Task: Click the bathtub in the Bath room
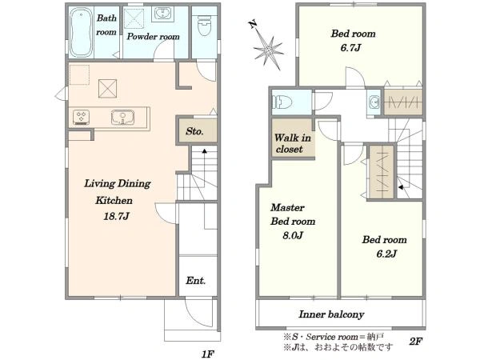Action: pyautogui.click(x=81, y=33)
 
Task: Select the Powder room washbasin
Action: pyautogui.click(x=163, y=14)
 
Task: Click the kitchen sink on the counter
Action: pyautogui.click(x=122, y=118)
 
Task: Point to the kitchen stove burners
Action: pyautogui.click(x=81, y=118)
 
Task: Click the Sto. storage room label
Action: pyautogui.click(x=194, y=131)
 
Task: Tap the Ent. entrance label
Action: pyautogui.click(x=196, y=281)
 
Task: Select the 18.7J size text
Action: pyautogui.click(x=116, y=216)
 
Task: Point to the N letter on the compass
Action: pyautogui.click(x=253, y=24)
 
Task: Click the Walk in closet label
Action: pyautogui.click(x=292, y=143)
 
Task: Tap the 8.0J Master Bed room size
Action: pyautogui.click(x=292, y=235)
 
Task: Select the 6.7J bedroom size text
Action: pyautogui.click(x=351, y=48)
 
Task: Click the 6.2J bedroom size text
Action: pyautogui.click(x=386, y=254)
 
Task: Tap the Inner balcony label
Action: pyautogui.click(x=331, y=314)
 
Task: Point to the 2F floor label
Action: pyautogui.click(x=415, y=341)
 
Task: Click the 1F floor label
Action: pyautogui.click(x=207, y=354)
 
